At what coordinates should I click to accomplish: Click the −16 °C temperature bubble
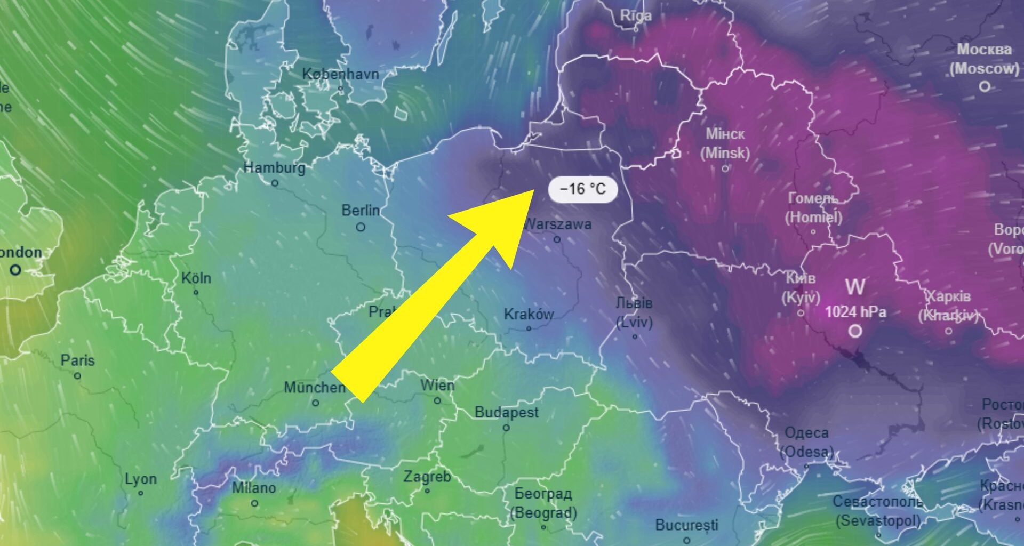click(582, 189)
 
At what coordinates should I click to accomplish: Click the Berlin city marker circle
click(361, 227)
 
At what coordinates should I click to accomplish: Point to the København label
click(340, 74)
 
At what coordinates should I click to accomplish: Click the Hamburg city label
click(274, 167)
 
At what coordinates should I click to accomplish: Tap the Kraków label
click(529, 314)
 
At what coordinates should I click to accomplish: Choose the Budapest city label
click(506, 412)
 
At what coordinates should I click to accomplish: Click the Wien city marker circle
click(437, 400)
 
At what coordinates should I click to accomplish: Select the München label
click(315, 387)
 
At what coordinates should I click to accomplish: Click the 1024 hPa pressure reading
click(855, 312)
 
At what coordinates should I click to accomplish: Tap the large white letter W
click(855, 287)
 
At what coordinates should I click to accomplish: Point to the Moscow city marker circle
click(985, 86)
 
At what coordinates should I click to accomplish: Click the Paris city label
click(77, 360)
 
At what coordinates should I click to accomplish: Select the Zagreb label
click(427, 476)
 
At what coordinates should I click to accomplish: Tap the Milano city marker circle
click(254, 503)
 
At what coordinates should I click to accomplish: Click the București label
click(686, 525)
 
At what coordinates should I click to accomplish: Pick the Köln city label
click(196, 278)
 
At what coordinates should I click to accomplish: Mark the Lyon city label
click(140, 479)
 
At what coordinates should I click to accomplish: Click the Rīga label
click(636, 16)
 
